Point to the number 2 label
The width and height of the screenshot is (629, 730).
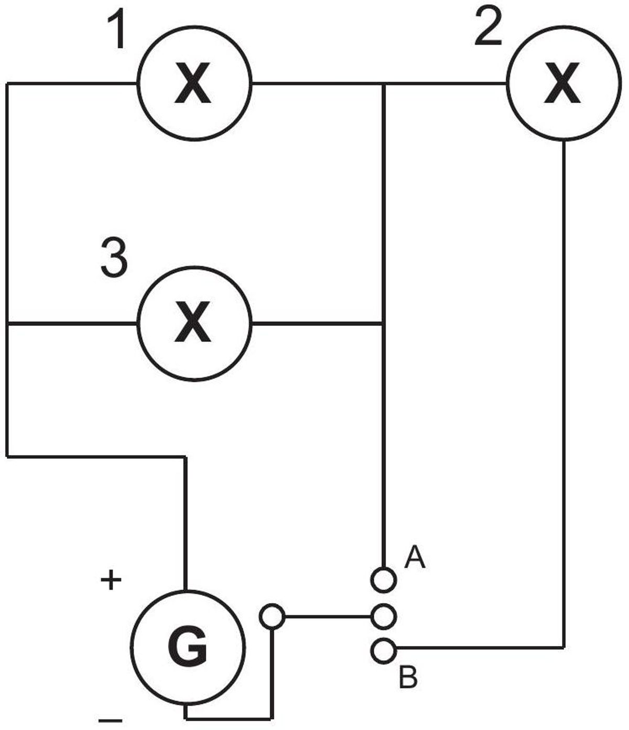tap(488, 26)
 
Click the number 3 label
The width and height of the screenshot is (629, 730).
tap(114, 257)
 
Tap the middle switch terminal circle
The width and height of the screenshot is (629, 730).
tap(384, 617)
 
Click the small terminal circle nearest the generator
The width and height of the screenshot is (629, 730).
tap(272, 617)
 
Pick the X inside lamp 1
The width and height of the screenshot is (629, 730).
tap(192, 83)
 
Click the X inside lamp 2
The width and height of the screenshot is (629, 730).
tap(562, 83)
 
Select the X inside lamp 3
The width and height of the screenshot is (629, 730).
tap(192, 322)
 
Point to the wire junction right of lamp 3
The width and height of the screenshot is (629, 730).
tap(384, 323)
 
